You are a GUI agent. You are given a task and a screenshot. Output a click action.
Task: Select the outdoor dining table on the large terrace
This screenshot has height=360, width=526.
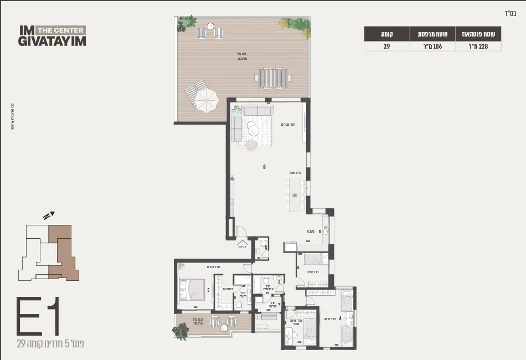coord(273,78)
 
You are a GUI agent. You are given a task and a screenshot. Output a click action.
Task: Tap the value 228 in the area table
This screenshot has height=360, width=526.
coord(478,47)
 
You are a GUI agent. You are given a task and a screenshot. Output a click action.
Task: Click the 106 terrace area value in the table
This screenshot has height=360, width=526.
coord(432,47)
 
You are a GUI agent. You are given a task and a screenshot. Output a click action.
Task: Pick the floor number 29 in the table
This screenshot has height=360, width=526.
coord(386,47)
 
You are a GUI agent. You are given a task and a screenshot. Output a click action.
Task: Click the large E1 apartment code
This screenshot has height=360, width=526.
coord(38,316)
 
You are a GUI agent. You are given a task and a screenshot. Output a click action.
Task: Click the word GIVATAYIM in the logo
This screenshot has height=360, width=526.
coord(52,42)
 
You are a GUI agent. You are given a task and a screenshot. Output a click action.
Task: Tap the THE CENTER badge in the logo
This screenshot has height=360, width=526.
coord(61,30)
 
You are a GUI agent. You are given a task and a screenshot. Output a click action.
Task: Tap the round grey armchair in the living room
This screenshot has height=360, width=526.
coord(251,145)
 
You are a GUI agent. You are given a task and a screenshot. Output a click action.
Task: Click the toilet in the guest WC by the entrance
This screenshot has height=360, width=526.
coord(263,245)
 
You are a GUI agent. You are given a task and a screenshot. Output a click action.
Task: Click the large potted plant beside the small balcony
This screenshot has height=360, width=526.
coord(181,331)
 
